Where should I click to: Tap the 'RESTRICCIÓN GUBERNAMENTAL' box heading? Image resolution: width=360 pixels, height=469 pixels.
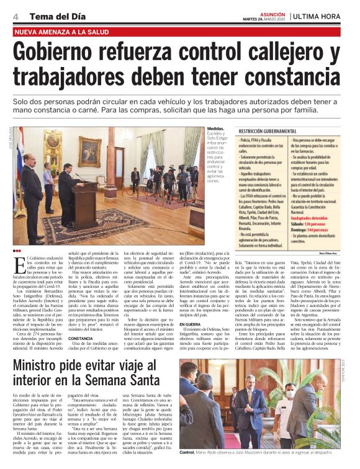point(272,132)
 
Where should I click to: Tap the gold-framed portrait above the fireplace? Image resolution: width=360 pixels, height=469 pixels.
point(55,143)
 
